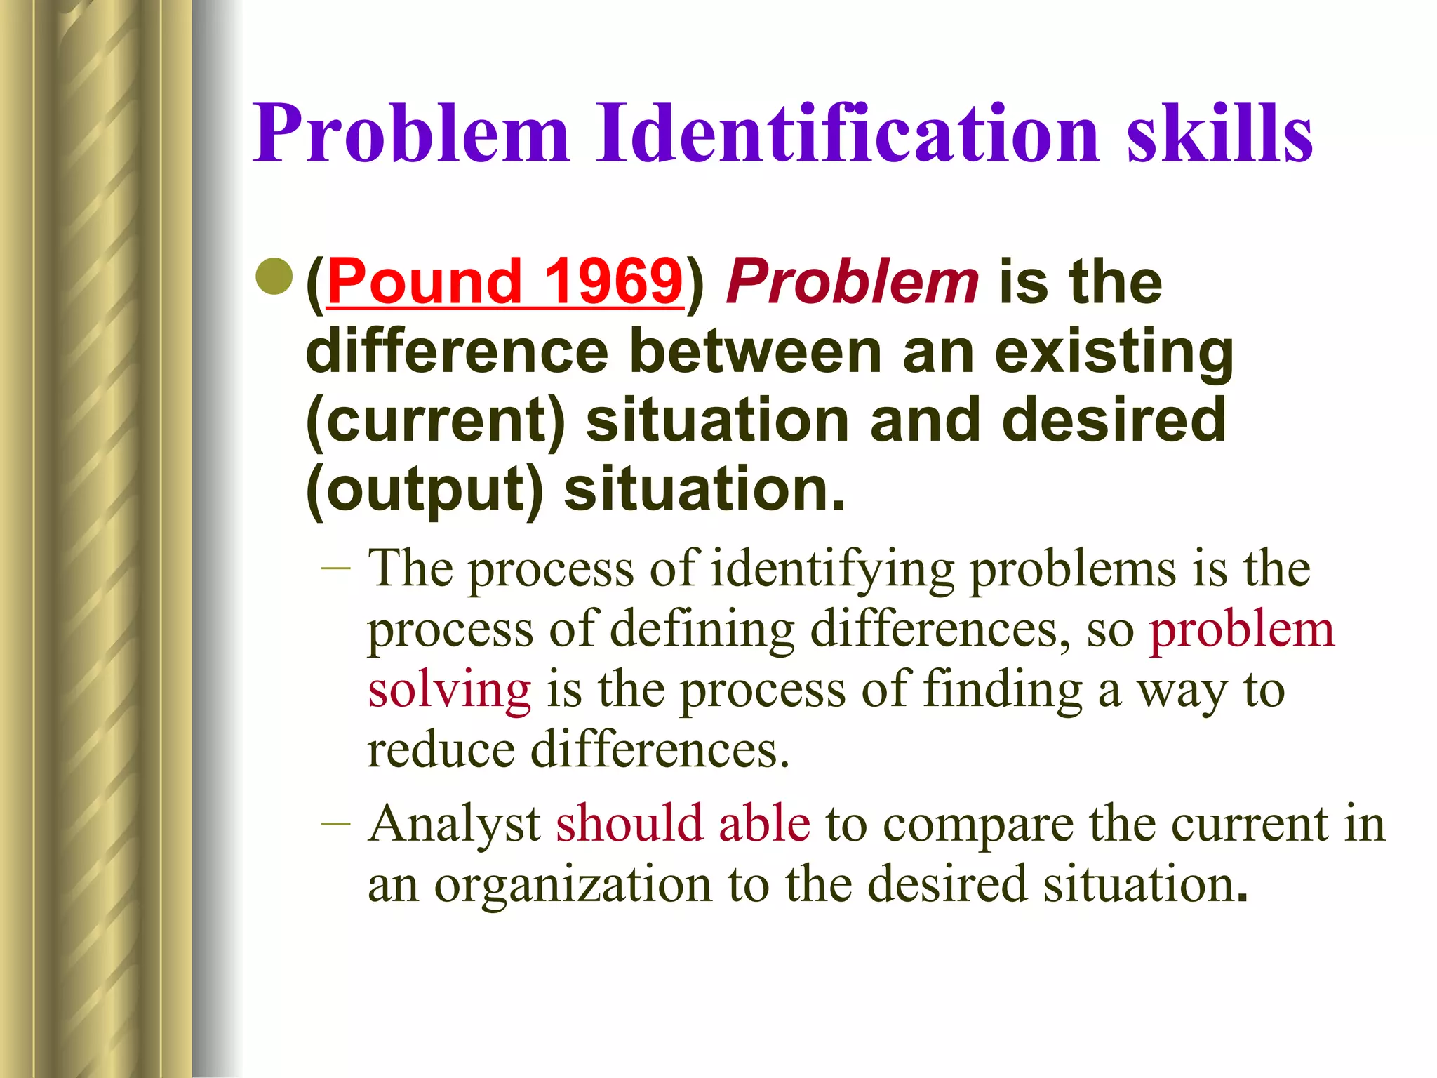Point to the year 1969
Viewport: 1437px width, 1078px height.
coord(613,282)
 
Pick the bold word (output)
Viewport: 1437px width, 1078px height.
coord(425,490)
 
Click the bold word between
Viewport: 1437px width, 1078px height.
coord(755,352)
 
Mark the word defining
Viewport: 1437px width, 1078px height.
coord(702,630)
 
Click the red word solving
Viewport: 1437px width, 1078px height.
coord(449,690)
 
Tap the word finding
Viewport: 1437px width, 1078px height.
coord(1003,690)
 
